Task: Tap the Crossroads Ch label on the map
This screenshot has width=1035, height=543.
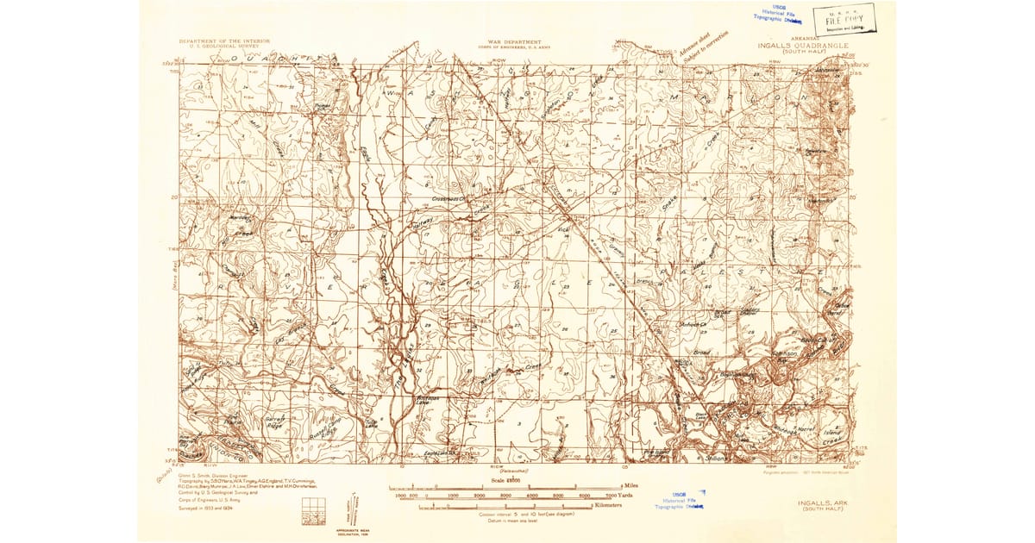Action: click(448, 196)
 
